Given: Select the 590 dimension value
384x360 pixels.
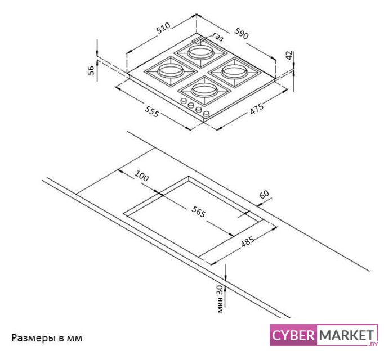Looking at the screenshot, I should click(242, 35).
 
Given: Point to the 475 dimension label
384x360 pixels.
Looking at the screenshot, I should click(257, 111).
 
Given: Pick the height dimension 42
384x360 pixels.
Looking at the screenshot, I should click(288, 56).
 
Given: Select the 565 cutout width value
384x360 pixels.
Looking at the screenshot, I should click(198, 212).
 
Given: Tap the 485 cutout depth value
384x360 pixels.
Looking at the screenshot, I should click(247, 242).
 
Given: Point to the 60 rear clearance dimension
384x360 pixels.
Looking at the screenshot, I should click(265, 195).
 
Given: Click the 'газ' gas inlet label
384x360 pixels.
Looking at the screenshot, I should click(218, 38).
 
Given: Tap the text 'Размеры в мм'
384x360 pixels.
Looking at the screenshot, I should click(47, 338).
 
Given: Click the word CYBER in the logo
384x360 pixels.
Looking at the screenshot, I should click(293, 336).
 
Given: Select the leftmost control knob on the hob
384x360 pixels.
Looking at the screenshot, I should click(183, 101).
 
